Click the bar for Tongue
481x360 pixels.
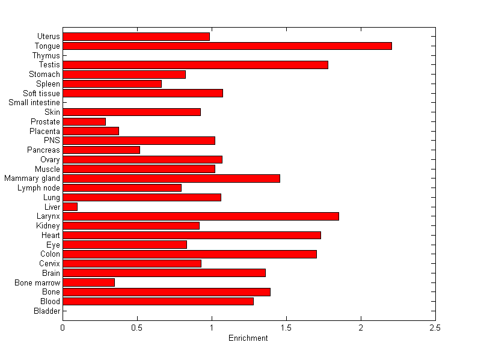227,46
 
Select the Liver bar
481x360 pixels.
70,207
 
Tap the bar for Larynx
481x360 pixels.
201,216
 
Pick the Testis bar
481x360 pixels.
195,65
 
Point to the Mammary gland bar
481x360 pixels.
171,178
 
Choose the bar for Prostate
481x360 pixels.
84,121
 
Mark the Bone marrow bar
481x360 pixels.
88,282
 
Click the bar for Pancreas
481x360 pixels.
101,150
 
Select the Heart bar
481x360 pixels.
192,235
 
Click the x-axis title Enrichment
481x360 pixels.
248,338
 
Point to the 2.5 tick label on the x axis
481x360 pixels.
435,328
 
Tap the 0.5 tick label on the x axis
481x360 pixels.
137,328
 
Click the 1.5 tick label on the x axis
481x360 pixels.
286,328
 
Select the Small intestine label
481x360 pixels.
34,103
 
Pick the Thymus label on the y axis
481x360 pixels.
46,55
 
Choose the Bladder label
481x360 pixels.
47,311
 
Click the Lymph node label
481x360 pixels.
39,188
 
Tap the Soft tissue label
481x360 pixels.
41,93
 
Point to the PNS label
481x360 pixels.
52,141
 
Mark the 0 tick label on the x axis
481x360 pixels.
63,328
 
